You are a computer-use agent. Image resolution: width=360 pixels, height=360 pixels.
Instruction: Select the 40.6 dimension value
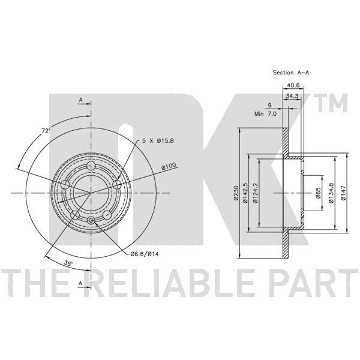pyautogui.click(x=293, y=85)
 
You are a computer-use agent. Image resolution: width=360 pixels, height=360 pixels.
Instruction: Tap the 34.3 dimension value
pyautogui.click(x=293, y=96)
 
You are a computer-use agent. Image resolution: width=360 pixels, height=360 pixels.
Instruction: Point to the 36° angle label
pyautogui.click(x=68, y=262)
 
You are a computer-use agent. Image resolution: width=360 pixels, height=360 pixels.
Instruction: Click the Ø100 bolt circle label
pyautogui.click(x=169, y=167)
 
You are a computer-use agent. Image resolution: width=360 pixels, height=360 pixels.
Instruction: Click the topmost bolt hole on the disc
pyautogui.click(x=91, y=166)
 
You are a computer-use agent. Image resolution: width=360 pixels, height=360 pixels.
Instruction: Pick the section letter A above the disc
pyautogui.click(x=80, y=100)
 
